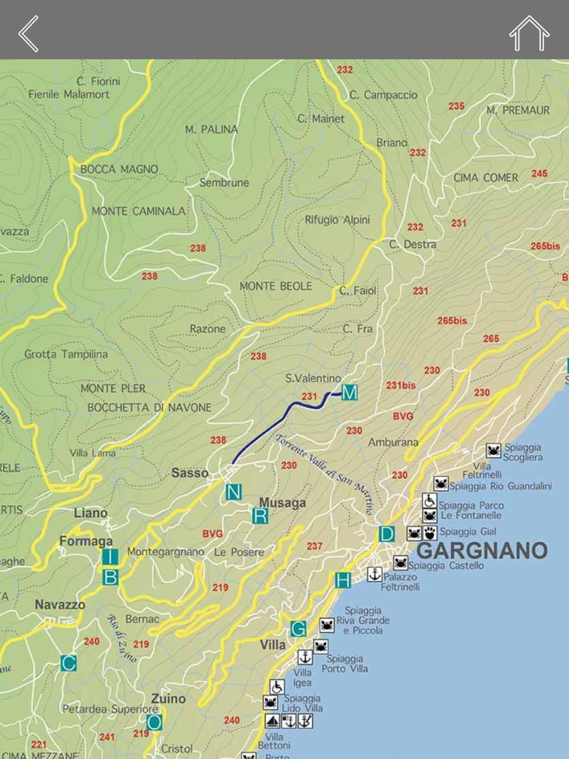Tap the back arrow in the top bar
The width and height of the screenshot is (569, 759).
(x=28, y=33)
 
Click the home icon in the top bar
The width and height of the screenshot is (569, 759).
(x=528, y=33)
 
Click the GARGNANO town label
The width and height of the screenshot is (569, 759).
(x=481, y=551)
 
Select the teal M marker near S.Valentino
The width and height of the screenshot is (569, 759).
(x=350, y=393)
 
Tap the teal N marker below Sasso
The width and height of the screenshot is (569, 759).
(x=234, y=492)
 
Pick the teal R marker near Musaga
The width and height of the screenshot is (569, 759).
(x=260, y=515)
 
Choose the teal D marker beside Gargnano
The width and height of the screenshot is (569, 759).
(x=387, y=534)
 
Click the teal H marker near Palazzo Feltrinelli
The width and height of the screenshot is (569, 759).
(x=343, y=579)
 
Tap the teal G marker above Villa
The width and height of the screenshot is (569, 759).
(x=298, y=628)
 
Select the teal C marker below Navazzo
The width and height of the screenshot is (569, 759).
(x=68, y=663)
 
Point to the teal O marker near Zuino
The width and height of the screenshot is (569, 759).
(x=154, y=721)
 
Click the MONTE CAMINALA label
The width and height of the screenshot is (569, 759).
(x=138, y=211)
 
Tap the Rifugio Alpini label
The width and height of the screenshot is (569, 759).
(x=337, y=220)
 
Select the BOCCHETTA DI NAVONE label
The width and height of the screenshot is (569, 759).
(x=149, y=407)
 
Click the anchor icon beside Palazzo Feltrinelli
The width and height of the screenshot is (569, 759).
(x=375, y=575)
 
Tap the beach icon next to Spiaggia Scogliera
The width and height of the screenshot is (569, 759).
(x=493, y=450)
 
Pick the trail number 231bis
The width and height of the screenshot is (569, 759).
(x=401, y=385)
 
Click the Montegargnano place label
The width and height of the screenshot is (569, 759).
(x=166, y=552)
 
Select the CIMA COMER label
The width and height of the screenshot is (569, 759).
(x=485, y=178)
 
